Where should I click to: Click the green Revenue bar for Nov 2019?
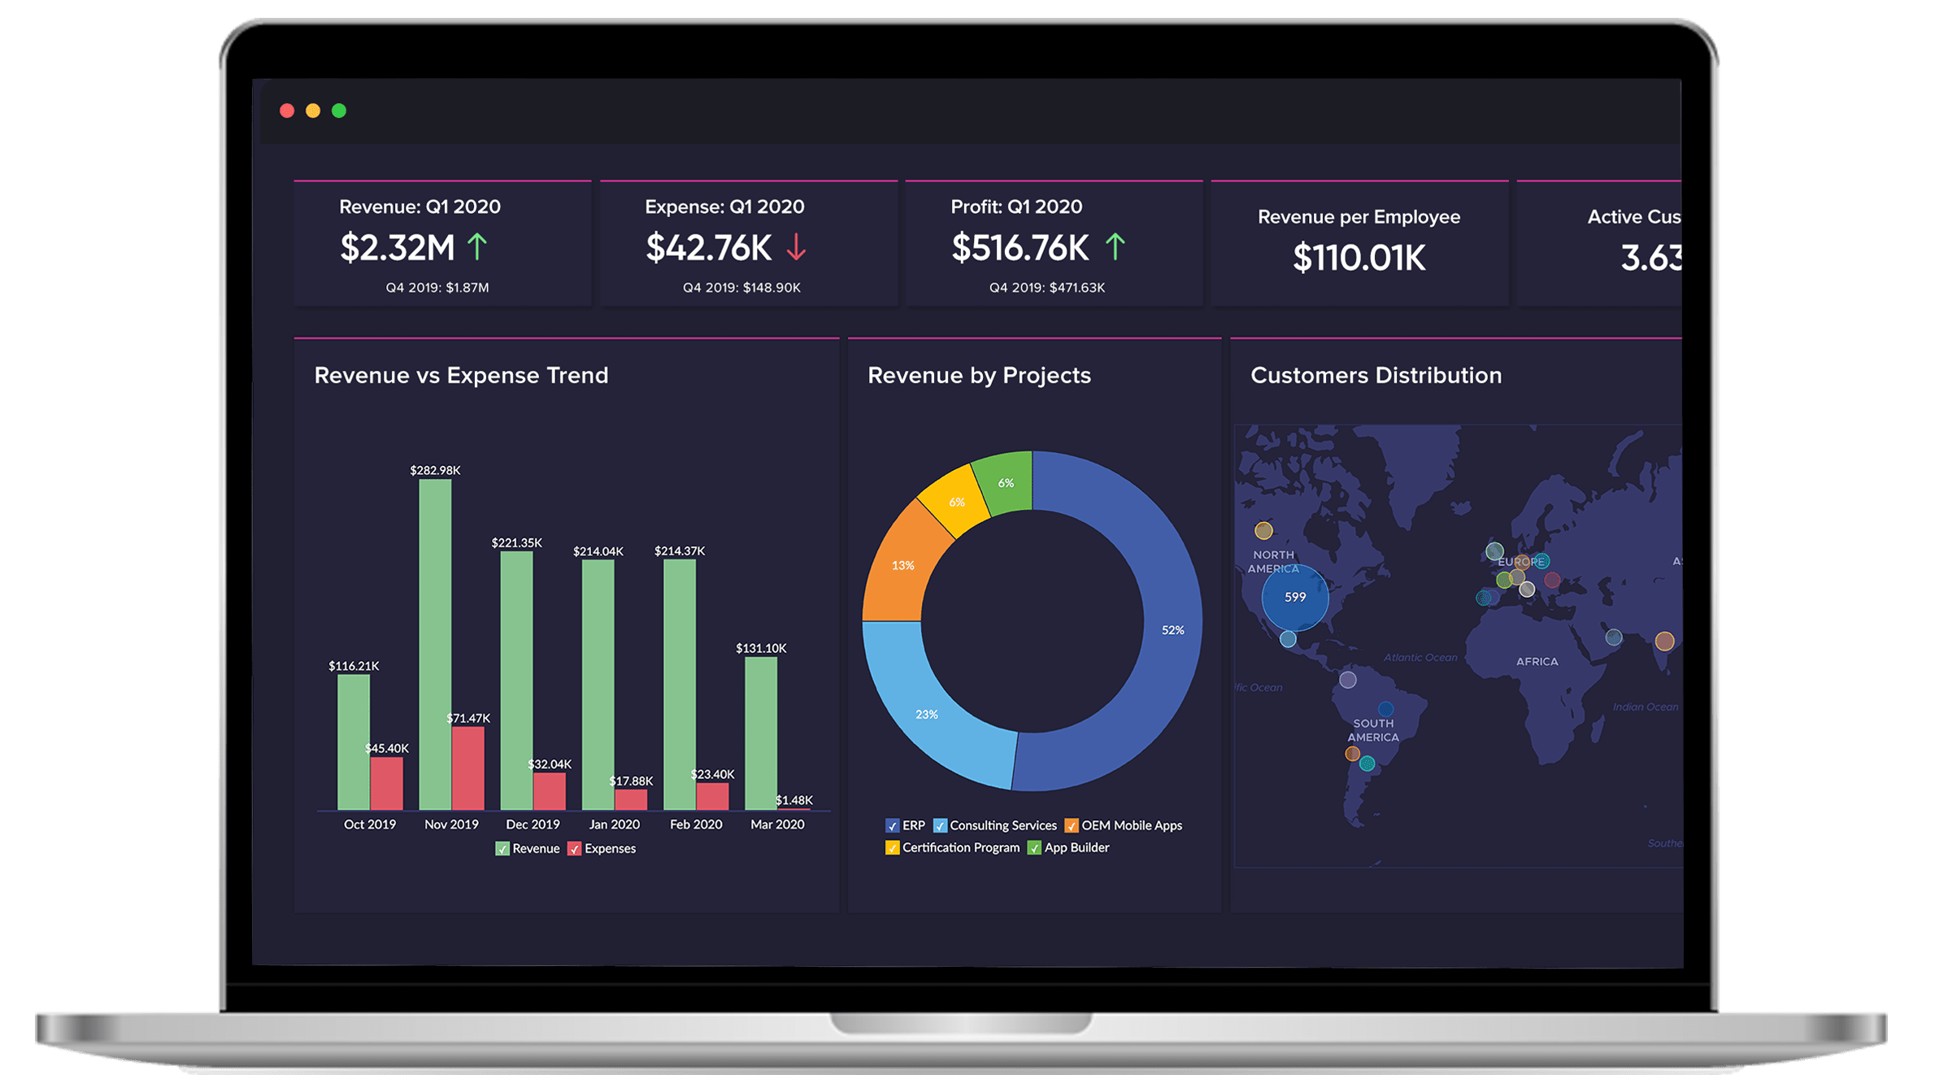(x=435, y=642)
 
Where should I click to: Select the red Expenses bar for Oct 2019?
(x=386, y=783)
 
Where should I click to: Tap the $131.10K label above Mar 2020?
(x=761, y=648)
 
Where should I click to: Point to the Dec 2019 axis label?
(x=533, y=824)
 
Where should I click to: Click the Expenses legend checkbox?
(x=575, y=849)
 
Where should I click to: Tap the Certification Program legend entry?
(x=952, y=847)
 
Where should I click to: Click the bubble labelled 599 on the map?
(x=1295, y=598)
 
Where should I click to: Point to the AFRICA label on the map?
(x=1537, y=661)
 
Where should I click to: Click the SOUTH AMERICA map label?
(x=1373, y=730)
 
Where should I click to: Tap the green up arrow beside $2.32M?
(x=477, y=246)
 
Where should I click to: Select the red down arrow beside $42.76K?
(x=796, y=246)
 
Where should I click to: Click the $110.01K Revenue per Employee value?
(x=1359, y=258)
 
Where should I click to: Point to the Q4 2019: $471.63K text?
(x=1046, y=288)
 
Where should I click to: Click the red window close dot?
(x=287, y=111)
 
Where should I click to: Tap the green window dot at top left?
(x=339, y=111)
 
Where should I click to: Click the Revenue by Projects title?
(x=979, y=375)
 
